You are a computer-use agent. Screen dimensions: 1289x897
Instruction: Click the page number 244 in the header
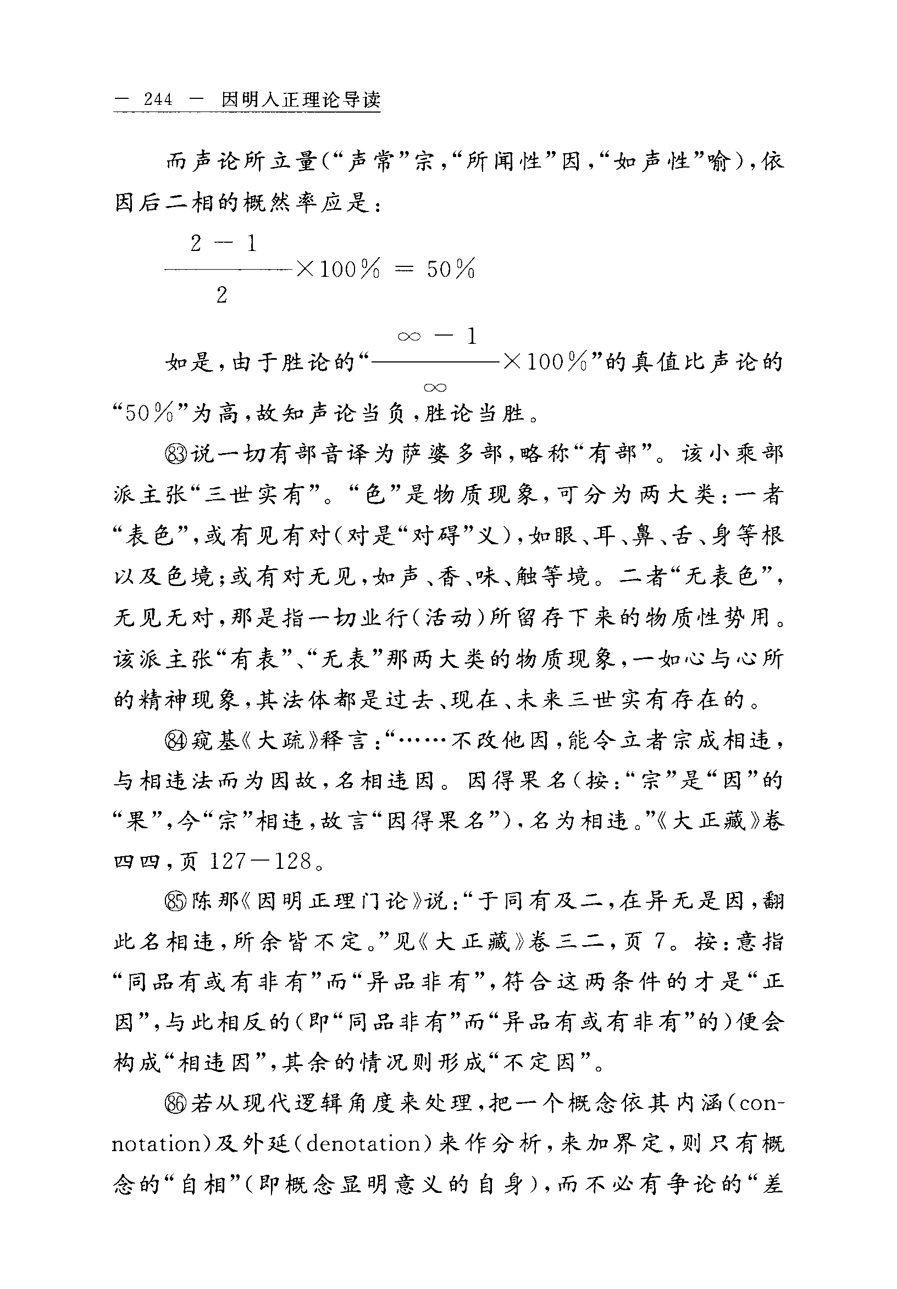[158, 99]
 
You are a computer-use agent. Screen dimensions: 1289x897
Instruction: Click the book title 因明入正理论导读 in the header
[301, 99]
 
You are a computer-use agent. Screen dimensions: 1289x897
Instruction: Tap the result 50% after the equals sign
[451, 270]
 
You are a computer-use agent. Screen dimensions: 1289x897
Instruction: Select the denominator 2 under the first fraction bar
[222, 294]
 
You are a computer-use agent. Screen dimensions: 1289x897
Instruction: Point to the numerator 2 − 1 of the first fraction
[223, 244]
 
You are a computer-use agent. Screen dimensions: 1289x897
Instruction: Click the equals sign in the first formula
[403, 270]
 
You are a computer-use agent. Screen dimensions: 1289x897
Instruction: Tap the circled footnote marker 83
[176, 454]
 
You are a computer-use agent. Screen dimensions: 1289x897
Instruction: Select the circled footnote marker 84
[176, 741]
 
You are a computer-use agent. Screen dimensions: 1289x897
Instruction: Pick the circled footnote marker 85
[176, 902]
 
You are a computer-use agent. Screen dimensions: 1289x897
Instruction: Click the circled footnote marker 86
[176, 1104]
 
